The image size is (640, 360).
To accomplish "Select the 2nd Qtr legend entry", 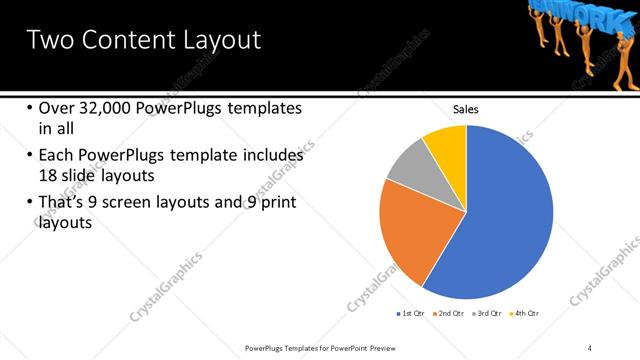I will [449, 314].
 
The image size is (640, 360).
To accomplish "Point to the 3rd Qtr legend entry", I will [488, 314].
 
